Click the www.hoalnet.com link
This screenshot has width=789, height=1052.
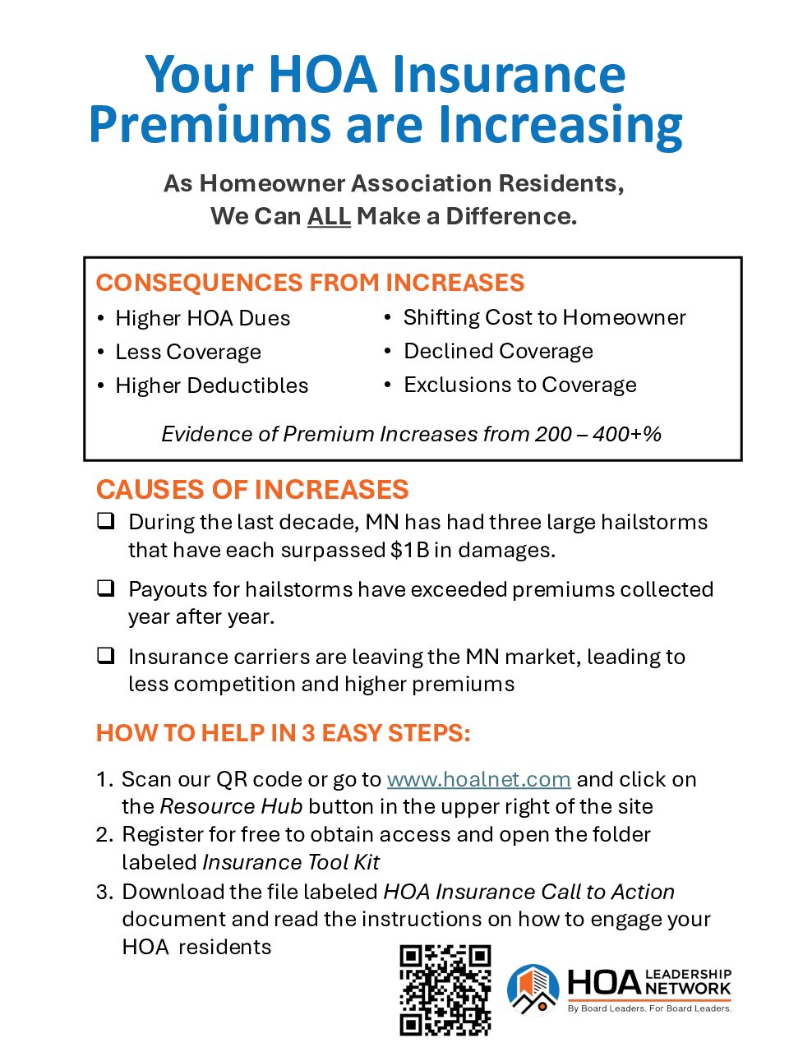tap(478, 779)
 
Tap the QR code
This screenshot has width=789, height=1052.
tap(445, 990)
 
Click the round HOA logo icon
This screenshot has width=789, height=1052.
tap(533, 989)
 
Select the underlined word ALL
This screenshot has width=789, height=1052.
tap(329, 216)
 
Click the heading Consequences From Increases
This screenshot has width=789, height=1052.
tap(310, 283)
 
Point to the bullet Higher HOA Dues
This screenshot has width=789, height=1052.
tap(202, 318)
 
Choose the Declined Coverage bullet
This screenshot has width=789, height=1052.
tap(498, 351)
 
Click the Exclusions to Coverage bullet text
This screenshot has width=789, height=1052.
tap(519, 385)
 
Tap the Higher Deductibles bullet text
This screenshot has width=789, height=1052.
tap(211, 385)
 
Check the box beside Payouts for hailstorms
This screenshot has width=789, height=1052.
tap(105, 588)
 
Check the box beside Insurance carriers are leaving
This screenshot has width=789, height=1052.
tap(105, 656)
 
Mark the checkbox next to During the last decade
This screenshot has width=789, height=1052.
tap(105, 521)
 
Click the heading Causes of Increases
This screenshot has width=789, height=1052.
tap(252, 490)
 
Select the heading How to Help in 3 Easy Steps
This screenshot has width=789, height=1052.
tap(284, 733)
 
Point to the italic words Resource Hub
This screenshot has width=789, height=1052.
tap(231, 806)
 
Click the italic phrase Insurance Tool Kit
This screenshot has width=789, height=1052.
tap(291, 862)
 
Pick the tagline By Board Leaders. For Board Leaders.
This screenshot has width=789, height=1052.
tap(648, 1008)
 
